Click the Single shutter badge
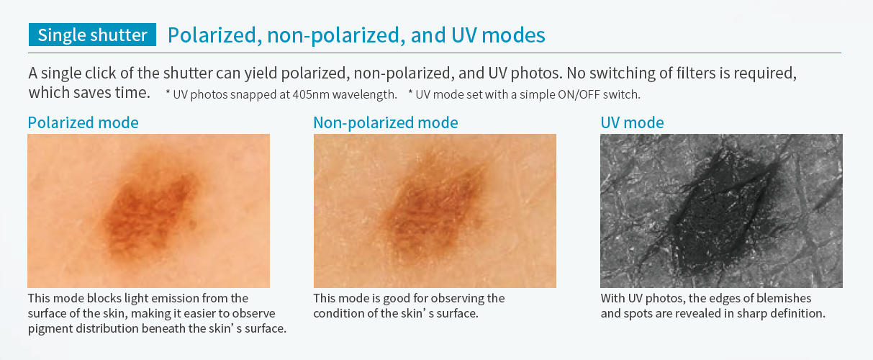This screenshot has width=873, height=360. (x=92, y=35)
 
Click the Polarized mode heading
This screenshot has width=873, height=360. (x=83, y=123)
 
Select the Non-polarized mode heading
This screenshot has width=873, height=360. (x=386, y=123)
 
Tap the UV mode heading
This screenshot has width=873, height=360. (x=632, y=123)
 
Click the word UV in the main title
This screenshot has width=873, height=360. (x=463, y=35)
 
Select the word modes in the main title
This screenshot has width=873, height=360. (x=513, y=35)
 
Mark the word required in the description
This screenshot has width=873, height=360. (x=766, y=73)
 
